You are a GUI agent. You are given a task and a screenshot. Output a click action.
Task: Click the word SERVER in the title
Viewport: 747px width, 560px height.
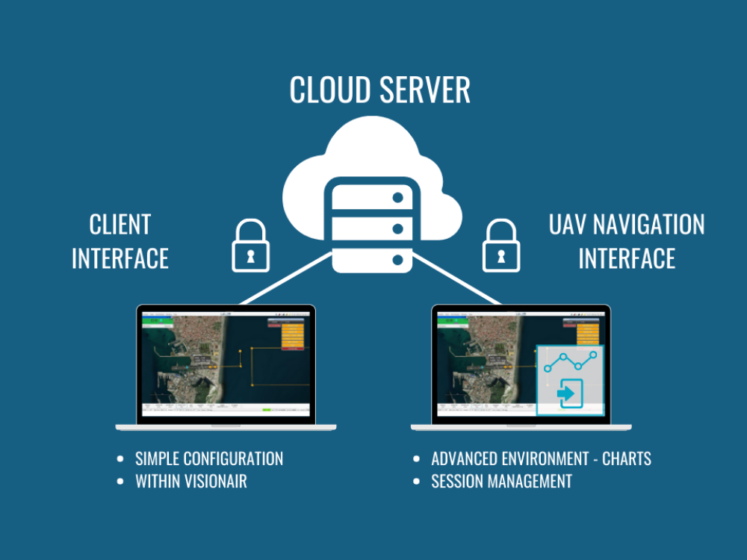point(425,90)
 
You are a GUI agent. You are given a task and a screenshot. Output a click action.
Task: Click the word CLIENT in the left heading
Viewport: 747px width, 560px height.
point(120,225)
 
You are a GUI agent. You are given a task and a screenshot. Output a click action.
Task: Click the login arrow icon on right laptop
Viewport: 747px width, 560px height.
point(569,392)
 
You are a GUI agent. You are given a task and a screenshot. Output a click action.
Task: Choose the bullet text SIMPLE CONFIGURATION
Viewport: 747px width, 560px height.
point(209,458)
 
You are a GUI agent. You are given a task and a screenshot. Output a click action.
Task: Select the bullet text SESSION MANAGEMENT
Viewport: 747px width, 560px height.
point(502,482)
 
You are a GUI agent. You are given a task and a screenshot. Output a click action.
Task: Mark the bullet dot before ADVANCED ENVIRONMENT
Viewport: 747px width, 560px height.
point(416,458)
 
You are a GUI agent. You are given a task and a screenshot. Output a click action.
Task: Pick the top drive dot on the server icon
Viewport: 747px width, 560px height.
point(397,198)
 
